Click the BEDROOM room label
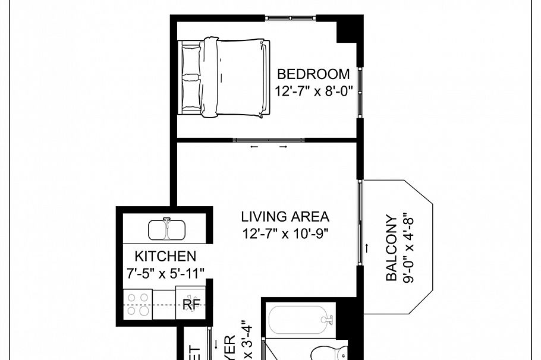(313, 74)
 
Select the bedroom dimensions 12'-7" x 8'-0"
(313, 91)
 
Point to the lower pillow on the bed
(191, 93)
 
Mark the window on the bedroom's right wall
(359, 93)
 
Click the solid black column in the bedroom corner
(350, 30)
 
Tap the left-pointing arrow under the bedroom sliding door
(254, 147)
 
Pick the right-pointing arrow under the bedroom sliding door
(284, 147)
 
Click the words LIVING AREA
(285, 217)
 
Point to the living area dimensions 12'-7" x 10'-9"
(285, 233)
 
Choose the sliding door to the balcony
(360, 223)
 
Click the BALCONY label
(391, 247)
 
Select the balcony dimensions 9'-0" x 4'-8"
(408, 247)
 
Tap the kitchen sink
(168, 229)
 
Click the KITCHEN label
(165, 256)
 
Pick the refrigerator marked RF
(190, 304)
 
